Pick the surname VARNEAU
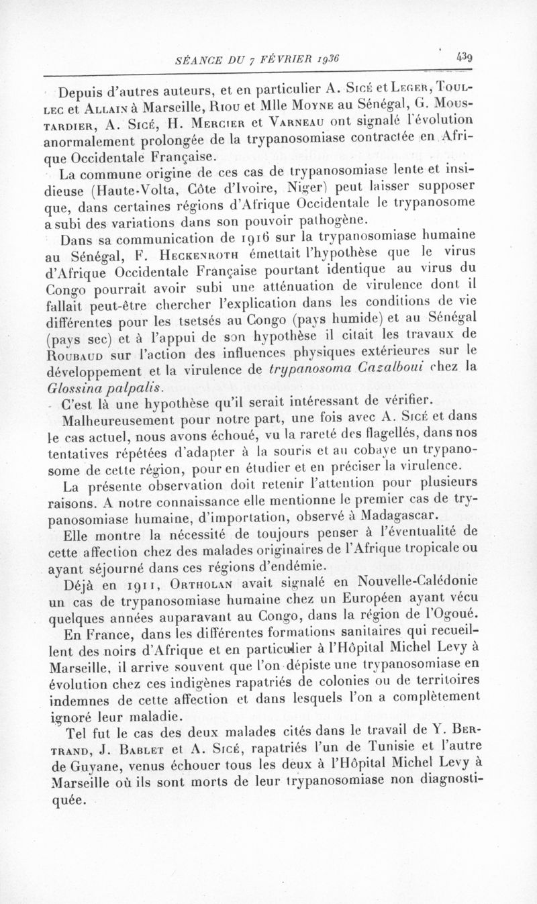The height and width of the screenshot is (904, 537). click(x=299, y=125)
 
